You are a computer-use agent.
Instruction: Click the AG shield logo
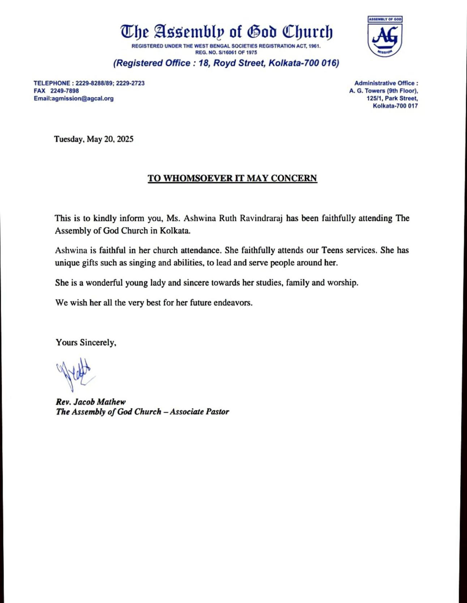pyautogui.click(x=385, y=36)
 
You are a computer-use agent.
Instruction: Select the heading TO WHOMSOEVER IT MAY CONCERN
pyautogui.click(x=232, y=178)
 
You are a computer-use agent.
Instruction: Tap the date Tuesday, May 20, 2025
pyautogui.click(x=94, y=139)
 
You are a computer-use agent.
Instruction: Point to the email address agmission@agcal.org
pyautogui.click(x=83, y=98)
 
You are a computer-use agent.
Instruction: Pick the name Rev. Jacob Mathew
pyautogui.click(x=91, y=402)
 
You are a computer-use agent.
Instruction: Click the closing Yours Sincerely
pyautogui.click(x=86, y=342)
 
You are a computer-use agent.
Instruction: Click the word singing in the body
pyautogui.click(x=142, y=263)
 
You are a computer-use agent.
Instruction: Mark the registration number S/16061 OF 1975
pyautogui.click(x=237, y=52)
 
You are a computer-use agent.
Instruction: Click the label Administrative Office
pyautogui.click(x=385, y=83)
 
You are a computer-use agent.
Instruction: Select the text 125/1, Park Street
pyautogui.click(x=392, y=98)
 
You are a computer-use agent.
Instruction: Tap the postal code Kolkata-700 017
pyautogui.click(x=395, y=106)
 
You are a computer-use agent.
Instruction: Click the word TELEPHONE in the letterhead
pyautogui.click(x=52, y=83)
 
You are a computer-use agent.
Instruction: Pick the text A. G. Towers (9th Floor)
pyautogui.click(x=384, y=91)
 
